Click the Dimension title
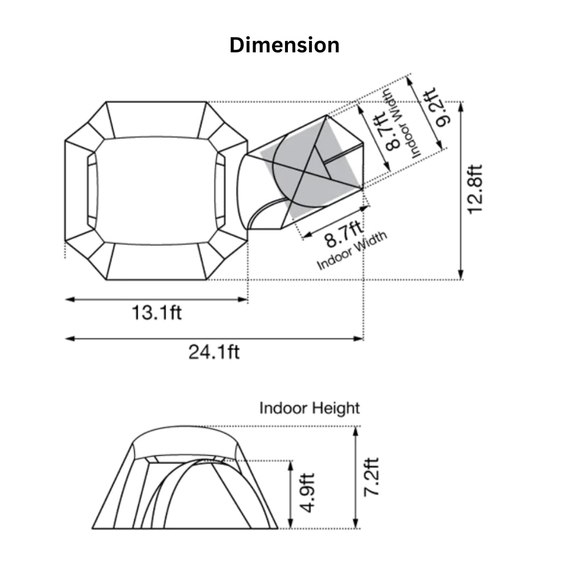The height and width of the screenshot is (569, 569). pos(284,46)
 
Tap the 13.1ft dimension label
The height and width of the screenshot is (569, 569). pos(156,312)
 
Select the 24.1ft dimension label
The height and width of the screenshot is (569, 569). pos(214,352)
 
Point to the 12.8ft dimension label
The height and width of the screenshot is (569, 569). pos(475,189)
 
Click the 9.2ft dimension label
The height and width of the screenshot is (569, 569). pos(436,108)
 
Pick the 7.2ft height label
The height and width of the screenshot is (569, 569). pos(371,477)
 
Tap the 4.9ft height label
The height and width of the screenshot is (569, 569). pos(308,493)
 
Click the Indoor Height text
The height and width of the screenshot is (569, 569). pos(310,408)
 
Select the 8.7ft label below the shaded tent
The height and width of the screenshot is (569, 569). pos(343,235)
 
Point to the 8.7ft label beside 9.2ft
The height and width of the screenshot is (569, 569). pos(388,131)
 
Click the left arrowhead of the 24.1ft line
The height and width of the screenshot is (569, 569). pos(69,339)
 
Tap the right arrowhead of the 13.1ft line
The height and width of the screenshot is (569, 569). pos(243,299)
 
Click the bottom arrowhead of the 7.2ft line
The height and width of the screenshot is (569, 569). pos(356,523)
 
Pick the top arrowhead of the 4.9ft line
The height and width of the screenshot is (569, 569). pos(290,466)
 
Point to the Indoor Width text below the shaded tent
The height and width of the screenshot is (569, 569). pos(352,250)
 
